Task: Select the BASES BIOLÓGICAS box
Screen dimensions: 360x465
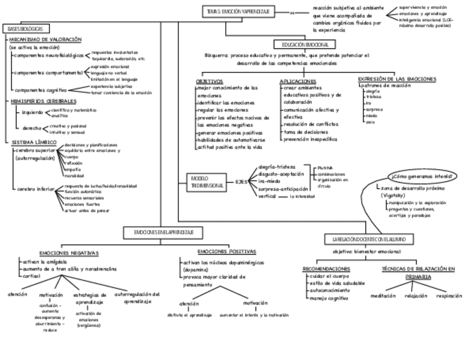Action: (x=26, y=28)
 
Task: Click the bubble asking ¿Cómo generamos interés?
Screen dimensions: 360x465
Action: (x=422, y=177)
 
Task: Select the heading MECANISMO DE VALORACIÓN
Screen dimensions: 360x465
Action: (x=46, y=40)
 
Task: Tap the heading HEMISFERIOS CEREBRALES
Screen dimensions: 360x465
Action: (x=44, y=102)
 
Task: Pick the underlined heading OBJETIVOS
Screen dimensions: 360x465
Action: (x=209, y=81)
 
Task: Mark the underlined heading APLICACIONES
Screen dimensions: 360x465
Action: (x=298, y=81)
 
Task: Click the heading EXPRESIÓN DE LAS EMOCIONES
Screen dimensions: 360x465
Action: (x=396, y=78)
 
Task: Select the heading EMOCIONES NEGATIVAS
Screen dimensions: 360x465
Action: (x=69, y=253)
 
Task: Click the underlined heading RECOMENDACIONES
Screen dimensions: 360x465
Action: (x=326, y=269)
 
